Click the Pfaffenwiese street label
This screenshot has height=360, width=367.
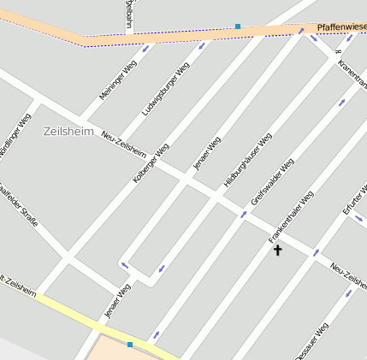[x=341, y=28]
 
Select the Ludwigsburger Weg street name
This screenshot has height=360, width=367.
[x=166, y=89]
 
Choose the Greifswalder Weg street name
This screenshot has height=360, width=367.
[x=273, y=181]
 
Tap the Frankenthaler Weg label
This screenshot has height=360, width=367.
[x=292, y=216]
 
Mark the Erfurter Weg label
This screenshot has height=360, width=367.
[x=354, y=199]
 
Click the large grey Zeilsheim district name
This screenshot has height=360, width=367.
[x=68, y=131]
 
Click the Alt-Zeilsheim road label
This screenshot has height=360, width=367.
[x=19, y=288]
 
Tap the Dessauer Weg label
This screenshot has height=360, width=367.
[x=310, y=342]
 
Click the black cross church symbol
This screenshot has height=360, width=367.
[x=277, y=250]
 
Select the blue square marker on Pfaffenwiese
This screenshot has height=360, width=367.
[x=238, y=27]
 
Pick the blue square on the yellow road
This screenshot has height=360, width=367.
[x=130, y=344]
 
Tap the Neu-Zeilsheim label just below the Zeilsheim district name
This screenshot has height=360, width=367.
[x=123, y=144]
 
